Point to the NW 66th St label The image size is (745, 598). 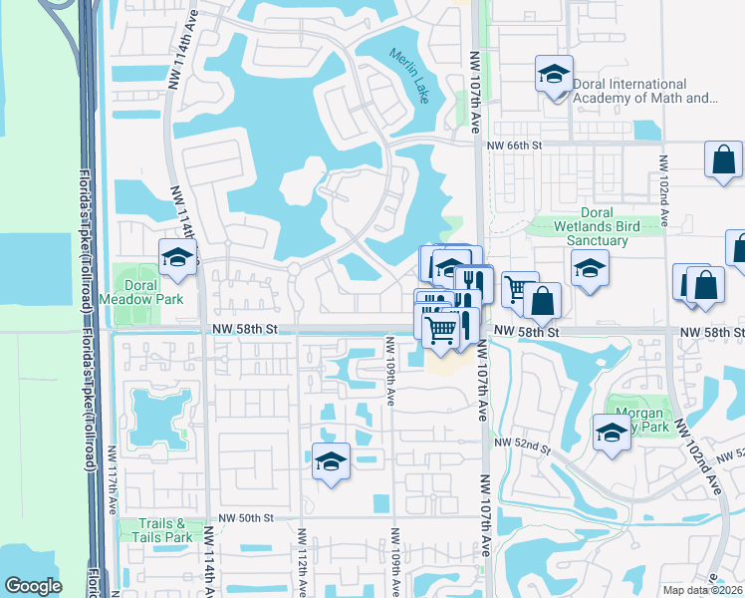(x=513, y=146)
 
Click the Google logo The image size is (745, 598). (x=33, y=586)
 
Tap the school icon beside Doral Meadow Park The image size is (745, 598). (x=178, y=257)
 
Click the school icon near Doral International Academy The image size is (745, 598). (x=554, y=74)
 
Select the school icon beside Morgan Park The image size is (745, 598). (x=611, y=434)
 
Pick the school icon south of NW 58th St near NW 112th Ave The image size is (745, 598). (x=331, y=461)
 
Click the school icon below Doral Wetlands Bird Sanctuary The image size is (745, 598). (x=590, y=268)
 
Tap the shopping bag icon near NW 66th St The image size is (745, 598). (x=723, y=159)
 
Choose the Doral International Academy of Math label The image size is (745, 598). (x=644, y=99)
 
